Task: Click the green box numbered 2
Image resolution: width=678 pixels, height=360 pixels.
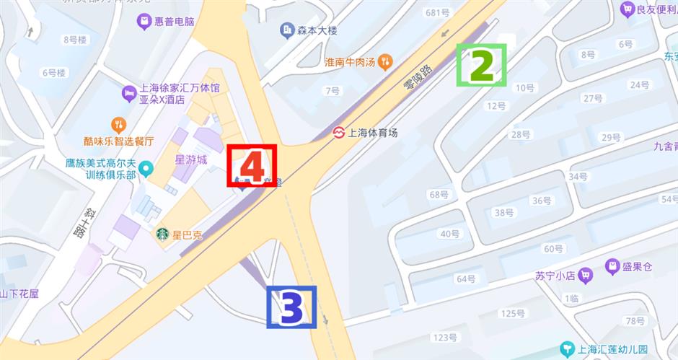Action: pos(482,66)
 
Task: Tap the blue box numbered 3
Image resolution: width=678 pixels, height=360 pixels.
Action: pos(291,307)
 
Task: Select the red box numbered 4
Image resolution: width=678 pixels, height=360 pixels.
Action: pos(251,167)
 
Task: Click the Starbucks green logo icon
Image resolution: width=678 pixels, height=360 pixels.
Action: pos(162,234)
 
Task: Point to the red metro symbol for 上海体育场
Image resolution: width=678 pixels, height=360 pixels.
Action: pos(338,133)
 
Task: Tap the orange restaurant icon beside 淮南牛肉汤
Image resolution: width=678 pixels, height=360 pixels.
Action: pos(386,61)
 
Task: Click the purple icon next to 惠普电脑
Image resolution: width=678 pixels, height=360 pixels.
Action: pos(144,22)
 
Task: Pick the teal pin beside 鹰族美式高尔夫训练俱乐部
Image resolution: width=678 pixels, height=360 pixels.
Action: pos(147,170)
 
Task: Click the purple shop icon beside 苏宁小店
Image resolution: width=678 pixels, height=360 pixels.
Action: pos(586,274)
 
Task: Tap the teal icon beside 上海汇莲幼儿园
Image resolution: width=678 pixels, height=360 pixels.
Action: pos(569,349)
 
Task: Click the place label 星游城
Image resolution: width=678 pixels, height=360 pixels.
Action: pos(191,159)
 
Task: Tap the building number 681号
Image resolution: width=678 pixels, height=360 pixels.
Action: pos(438,12)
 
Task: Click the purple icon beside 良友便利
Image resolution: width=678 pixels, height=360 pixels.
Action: pos(627,9)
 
